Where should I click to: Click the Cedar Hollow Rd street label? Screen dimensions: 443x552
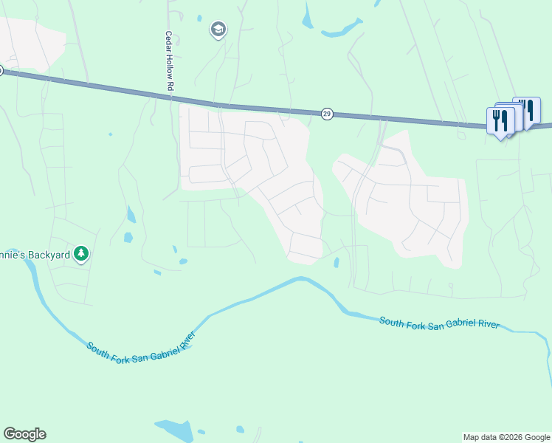169,61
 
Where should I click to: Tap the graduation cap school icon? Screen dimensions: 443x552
218,30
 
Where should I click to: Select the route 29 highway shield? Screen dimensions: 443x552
328,114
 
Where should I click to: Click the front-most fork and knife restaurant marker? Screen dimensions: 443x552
500,120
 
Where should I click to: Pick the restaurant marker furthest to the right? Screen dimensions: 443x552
527,109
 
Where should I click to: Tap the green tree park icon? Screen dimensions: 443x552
81,255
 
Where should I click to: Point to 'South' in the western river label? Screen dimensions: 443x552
98,348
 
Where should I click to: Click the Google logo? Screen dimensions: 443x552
24,434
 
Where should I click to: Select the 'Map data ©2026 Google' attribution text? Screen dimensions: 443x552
506,437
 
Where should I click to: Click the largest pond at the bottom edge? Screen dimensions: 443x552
173,430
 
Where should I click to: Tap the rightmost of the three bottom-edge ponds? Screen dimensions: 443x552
240,429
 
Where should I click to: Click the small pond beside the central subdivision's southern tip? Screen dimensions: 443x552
337,263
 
